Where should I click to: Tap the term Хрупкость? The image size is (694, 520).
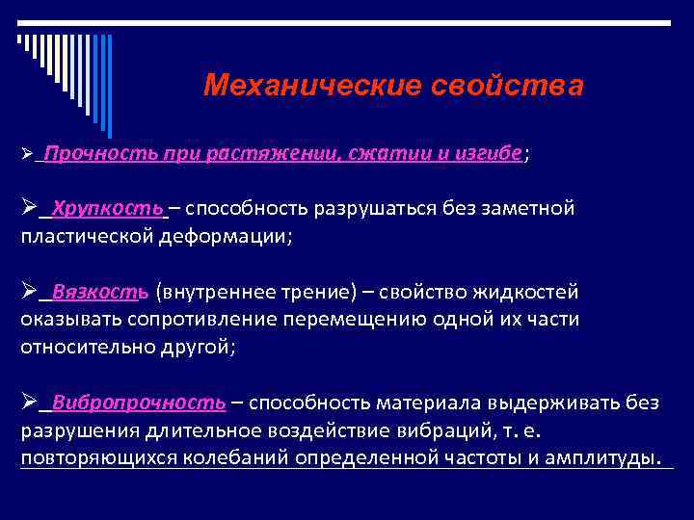(108, 208)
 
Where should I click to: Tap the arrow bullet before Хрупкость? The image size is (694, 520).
(29, 208)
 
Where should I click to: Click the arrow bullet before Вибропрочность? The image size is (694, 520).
(29, 402)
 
